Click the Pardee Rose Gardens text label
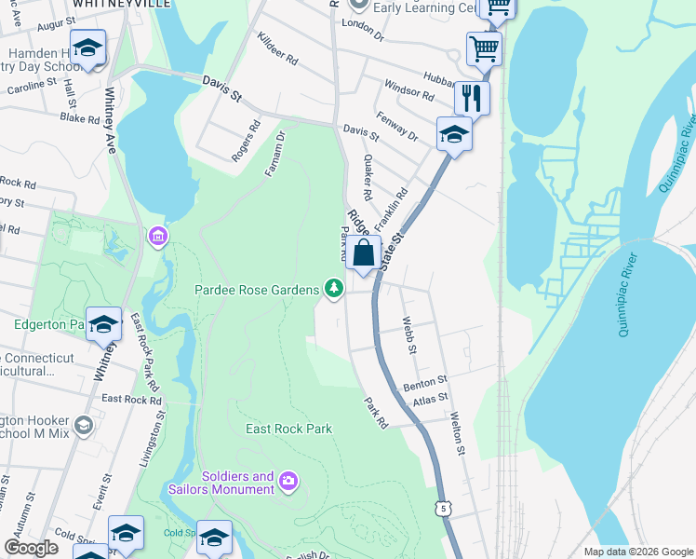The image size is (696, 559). [255, 290]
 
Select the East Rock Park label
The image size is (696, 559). [289, 429]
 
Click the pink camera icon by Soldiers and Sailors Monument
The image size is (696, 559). [288, 480]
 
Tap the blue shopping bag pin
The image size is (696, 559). [364, 252]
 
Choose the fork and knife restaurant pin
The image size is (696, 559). [472, 97]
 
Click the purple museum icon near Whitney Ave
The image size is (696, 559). [157, 237]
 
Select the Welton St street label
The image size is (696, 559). [457, 433]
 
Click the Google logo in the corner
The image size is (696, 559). [30, 547]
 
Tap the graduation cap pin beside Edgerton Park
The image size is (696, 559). [103, 324]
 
